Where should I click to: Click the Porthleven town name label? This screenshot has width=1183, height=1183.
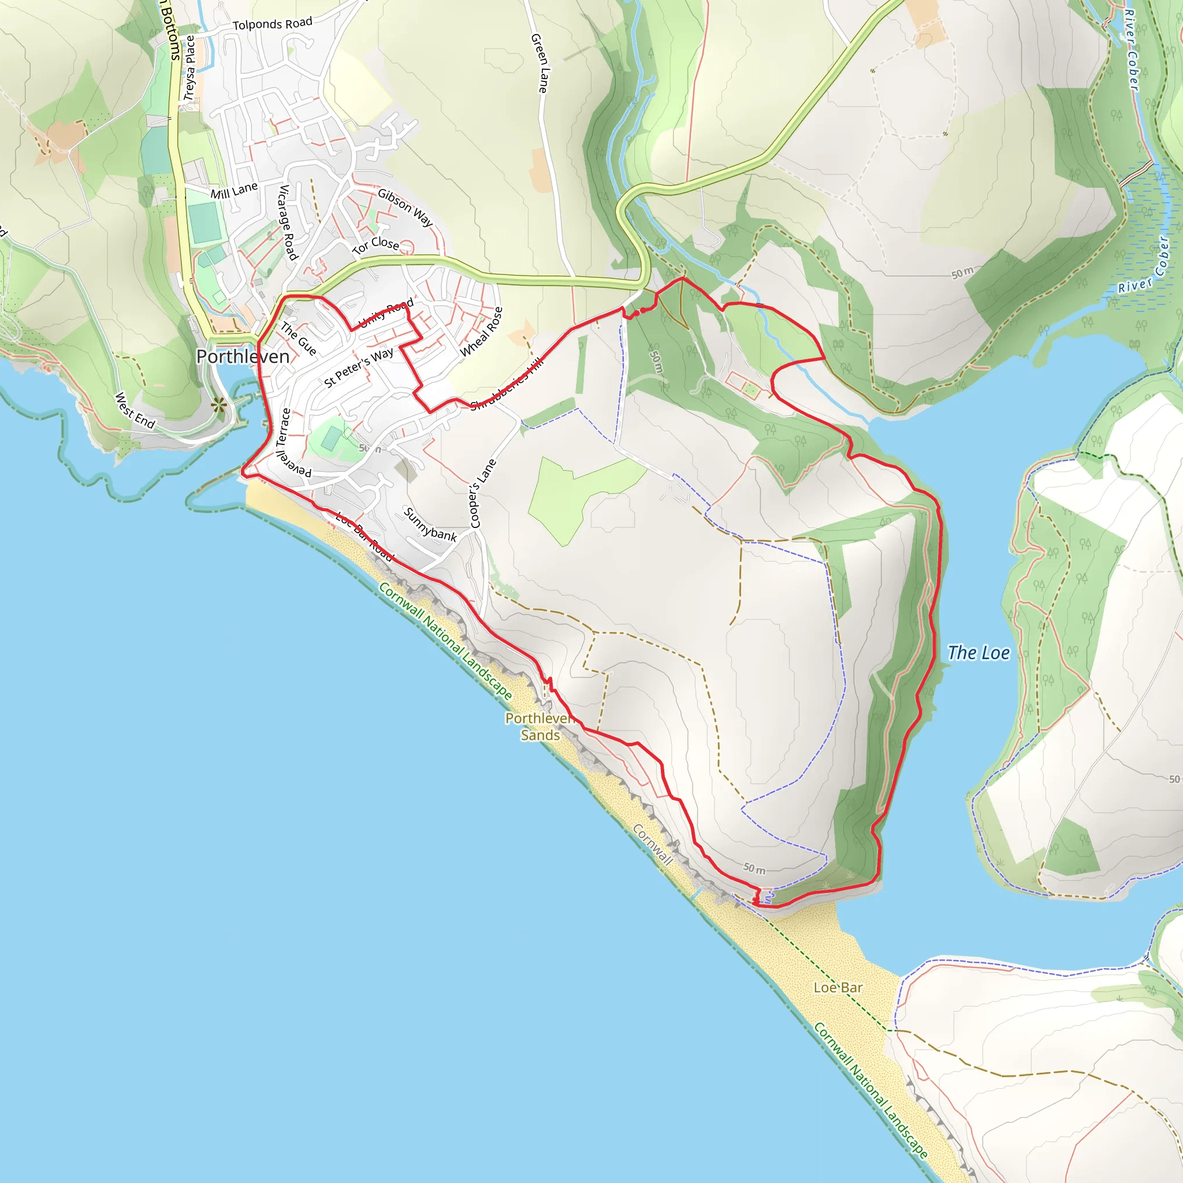tap(243, 356)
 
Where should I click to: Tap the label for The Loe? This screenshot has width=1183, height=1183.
tap(978, 653)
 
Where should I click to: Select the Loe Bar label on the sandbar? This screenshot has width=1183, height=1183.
tap(838, 987)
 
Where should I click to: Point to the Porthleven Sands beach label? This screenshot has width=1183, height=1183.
tap(540, 726)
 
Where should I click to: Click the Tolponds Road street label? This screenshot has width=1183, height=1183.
tap(273, 24)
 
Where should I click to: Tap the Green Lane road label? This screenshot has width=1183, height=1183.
tap(540, 63)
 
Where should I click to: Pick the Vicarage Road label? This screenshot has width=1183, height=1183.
tap(287, 222)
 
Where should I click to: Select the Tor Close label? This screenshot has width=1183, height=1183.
tap(375, 245)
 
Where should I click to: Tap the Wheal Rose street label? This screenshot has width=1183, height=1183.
tap(481, 332)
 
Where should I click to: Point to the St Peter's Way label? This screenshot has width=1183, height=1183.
tap(358, 367)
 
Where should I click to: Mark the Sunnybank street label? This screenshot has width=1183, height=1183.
tap(430, 524)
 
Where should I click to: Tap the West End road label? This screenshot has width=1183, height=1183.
tap(135, 410)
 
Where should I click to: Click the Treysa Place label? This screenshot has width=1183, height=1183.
tap(190, 68)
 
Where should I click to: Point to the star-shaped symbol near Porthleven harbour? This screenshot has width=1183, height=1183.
tap(218, 404)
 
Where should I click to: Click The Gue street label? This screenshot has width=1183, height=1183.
tap(299, 338)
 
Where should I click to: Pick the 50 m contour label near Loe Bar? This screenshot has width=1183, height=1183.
tap(754, 869)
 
